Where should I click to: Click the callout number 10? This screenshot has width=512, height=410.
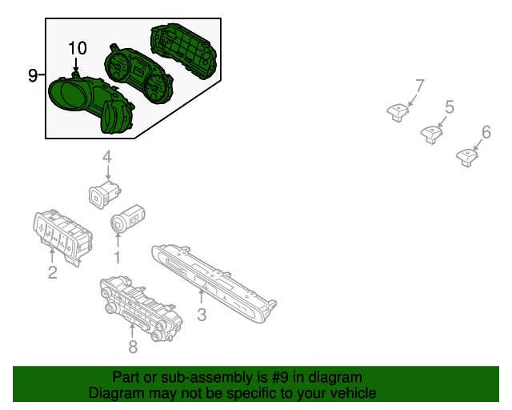pos(77,48)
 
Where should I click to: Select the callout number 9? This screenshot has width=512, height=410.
pos(32,76)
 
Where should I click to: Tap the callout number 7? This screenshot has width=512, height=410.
pos(419,85)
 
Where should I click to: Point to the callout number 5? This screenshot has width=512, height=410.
pos(449,107)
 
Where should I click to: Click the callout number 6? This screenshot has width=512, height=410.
pos(486,131)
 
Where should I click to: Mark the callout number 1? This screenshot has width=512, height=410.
pos(117,257)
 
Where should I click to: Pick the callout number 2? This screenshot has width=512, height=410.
pos(52,274)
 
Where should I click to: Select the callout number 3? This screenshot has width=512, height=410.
pos(202,315)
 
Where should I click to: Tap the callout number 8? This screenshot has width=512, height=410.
pos(133,346)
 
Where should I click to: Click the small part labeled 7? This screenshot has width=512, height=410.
pos(397,112)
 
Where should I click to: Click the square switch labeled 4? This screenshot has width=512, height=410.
pos(103,193)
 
